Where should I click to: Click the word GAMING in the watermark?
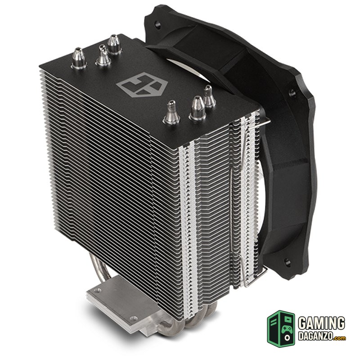pyautogui.click(x=321, y=323)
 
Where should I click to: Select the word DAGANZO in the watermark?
pyautogui.click(x=316, y=336)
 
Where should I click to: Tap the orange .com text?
pyautogui.click(x=340, y=338)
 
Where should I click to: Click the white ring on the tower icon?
pyautogui.click(x=287, y=338)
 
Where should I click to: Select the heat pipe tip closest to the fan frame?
pyautogui.click(x=209, y=96)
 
